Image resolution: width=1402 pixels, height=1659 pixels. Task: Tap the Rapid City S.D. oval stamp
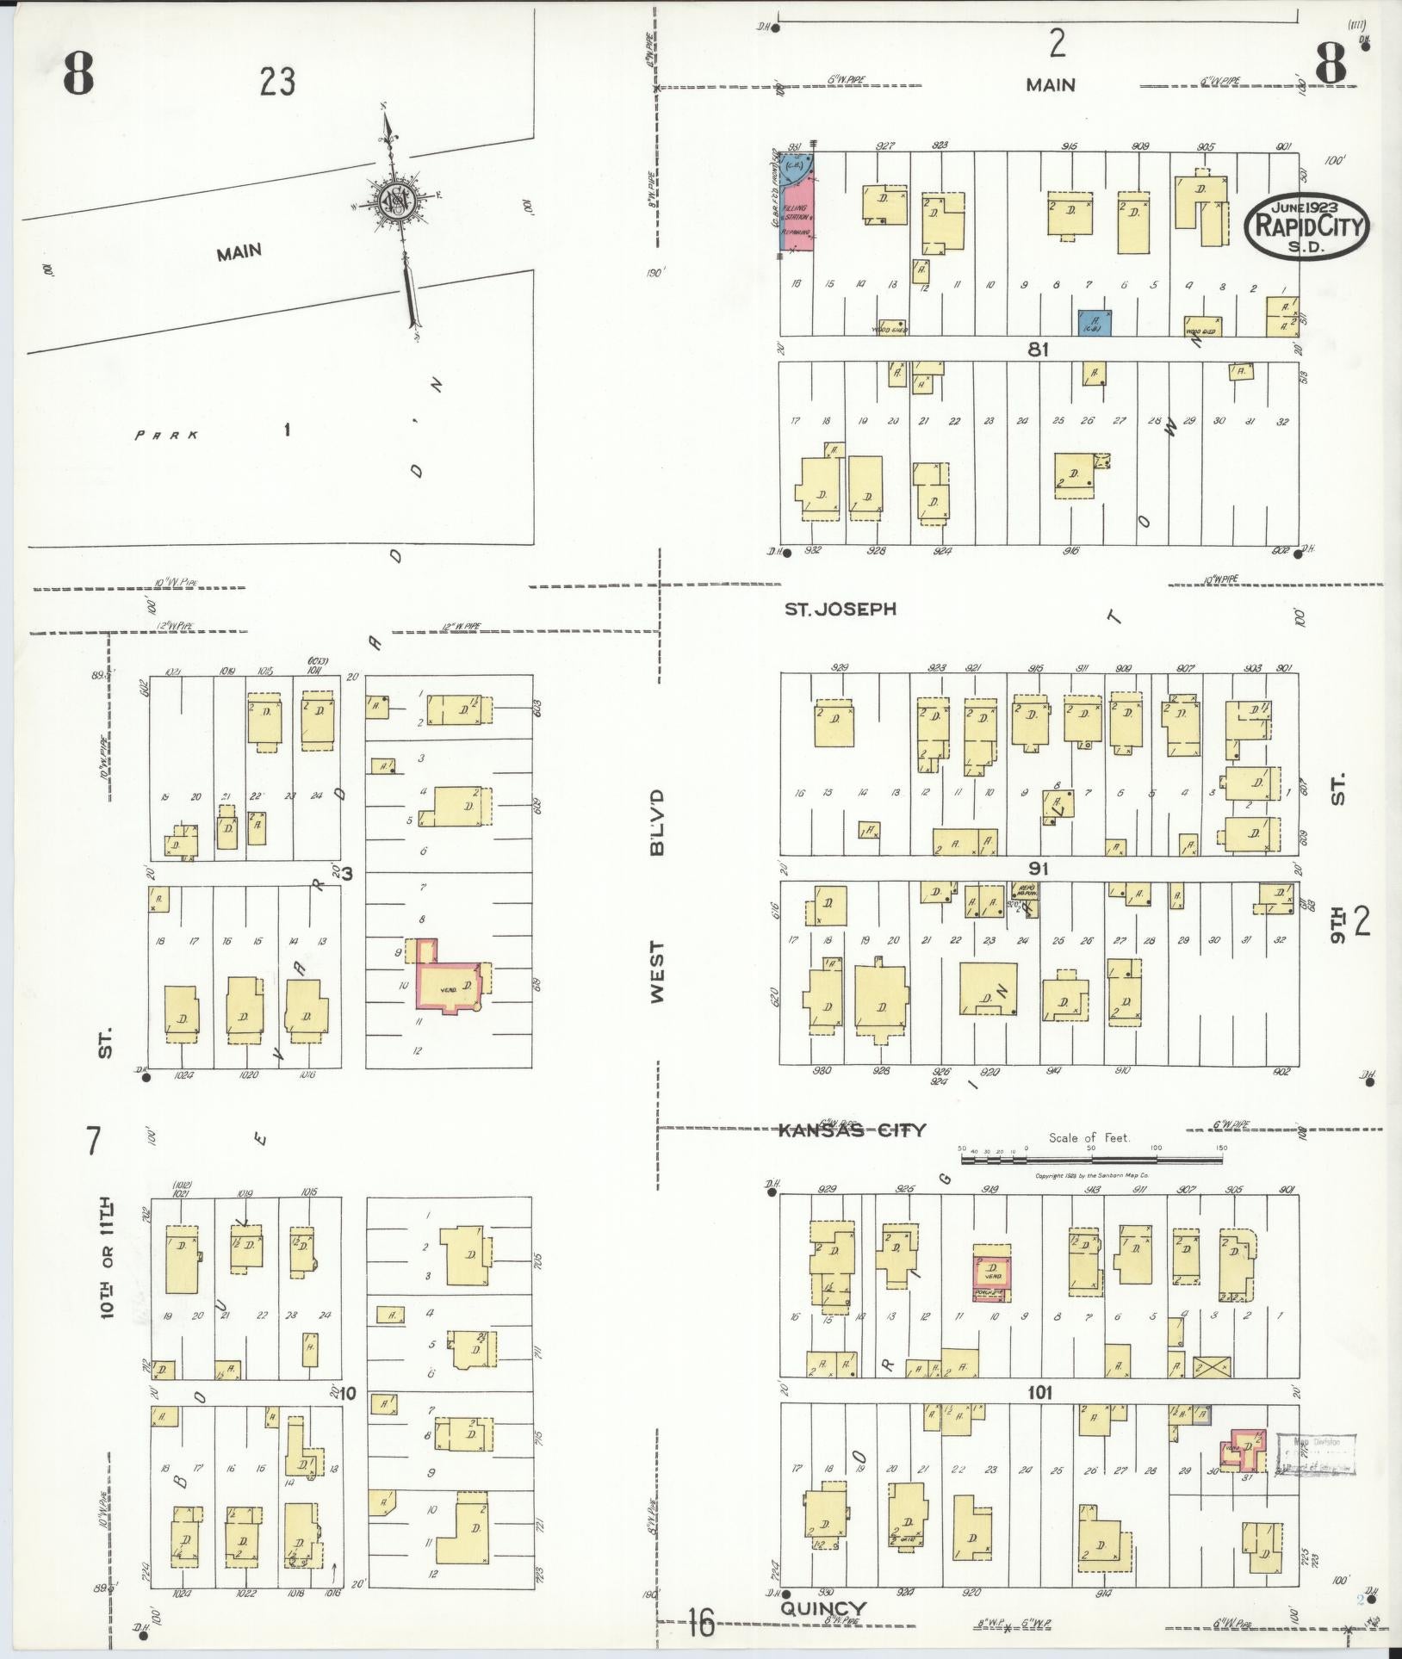1307,226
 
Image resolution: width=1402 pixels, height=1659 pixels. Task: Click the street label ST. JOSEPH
840,609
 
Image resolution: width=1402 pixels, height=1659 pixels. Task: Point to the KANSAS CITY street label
851,1130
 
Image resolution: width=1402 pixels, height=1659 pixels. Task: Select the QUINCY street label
822,1609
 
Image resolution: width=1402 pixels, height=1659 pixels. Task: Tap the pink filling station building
798,211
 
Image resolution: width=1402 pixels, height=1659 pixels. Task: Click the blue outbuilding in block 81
1095,323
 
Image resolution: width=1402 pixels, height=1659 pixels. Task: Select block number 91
1038,868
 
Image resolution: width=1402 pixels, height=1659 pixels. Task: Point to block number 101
1039,1392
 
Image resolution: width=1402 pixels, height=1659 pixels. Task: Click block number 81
1038,350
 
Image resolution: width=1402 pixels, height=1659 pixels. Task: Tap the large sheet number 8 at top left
77,76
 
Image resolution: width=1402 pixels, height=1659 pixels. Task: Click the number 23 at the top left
277,83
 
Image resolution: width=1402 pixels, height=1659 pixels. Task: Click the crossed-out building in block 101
1211,1366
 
